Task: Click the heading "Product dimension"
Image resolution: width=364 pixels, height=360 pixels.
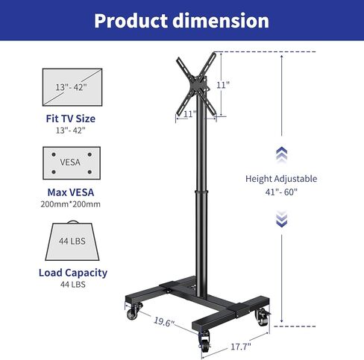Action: tap(181, 21)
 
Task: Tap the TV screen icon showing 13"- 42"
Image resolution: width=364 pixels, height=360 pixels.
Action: tap(72, 87)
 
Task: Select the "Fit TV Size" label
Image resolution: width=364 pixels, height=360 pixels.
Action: tap(71, 119)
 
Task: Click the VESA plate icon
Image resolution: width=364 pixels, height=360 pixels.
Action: tap(72, 163)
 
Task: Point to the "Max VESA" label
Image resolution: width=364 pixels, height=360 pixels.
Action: tap(71, 192)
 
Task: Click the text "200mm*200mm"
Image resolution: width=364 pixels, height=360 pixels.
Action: tap(71, 204)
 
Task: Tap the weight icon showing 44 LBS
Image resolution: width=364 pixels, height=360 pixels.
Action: tap(72, 241)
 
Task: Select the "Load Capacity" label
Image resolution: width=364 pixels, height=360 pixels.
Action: tap(73, 273)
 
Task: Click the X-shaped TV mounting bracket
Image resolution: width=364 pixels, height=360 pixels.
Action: tap(196, 84)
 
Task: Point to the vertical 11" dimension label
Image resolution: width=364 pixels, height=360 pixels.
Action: tap(223, 85)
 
